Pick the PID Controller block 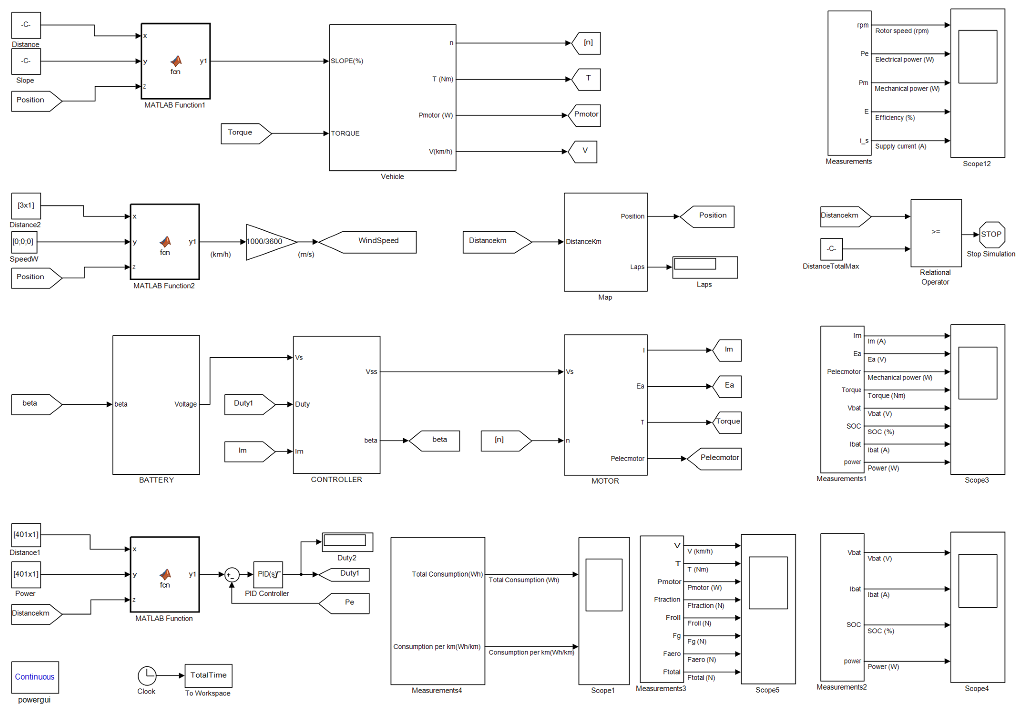pyautogui.click(x=267, y=574)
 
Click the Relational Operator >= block pyautogui.click(x=935, y=232)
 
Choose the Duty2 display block pyautogui.click(x=347, y=541)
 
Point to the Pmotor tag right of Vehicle pyautogui.click(x=584, y=115)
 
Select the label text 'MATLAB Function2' pyautogui.click(x=164, y=286)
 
